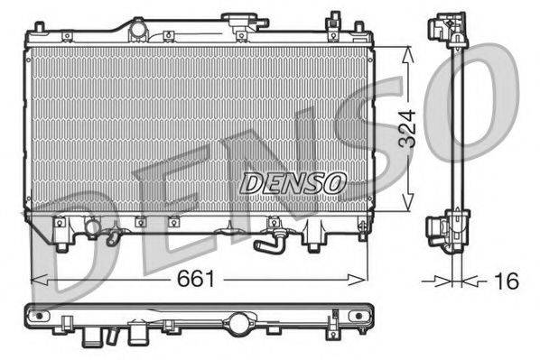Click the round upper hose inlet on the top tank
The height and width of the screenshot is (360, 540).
point(137,30)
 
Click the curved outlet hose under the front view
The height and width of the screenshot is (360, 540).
point(267,241)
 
